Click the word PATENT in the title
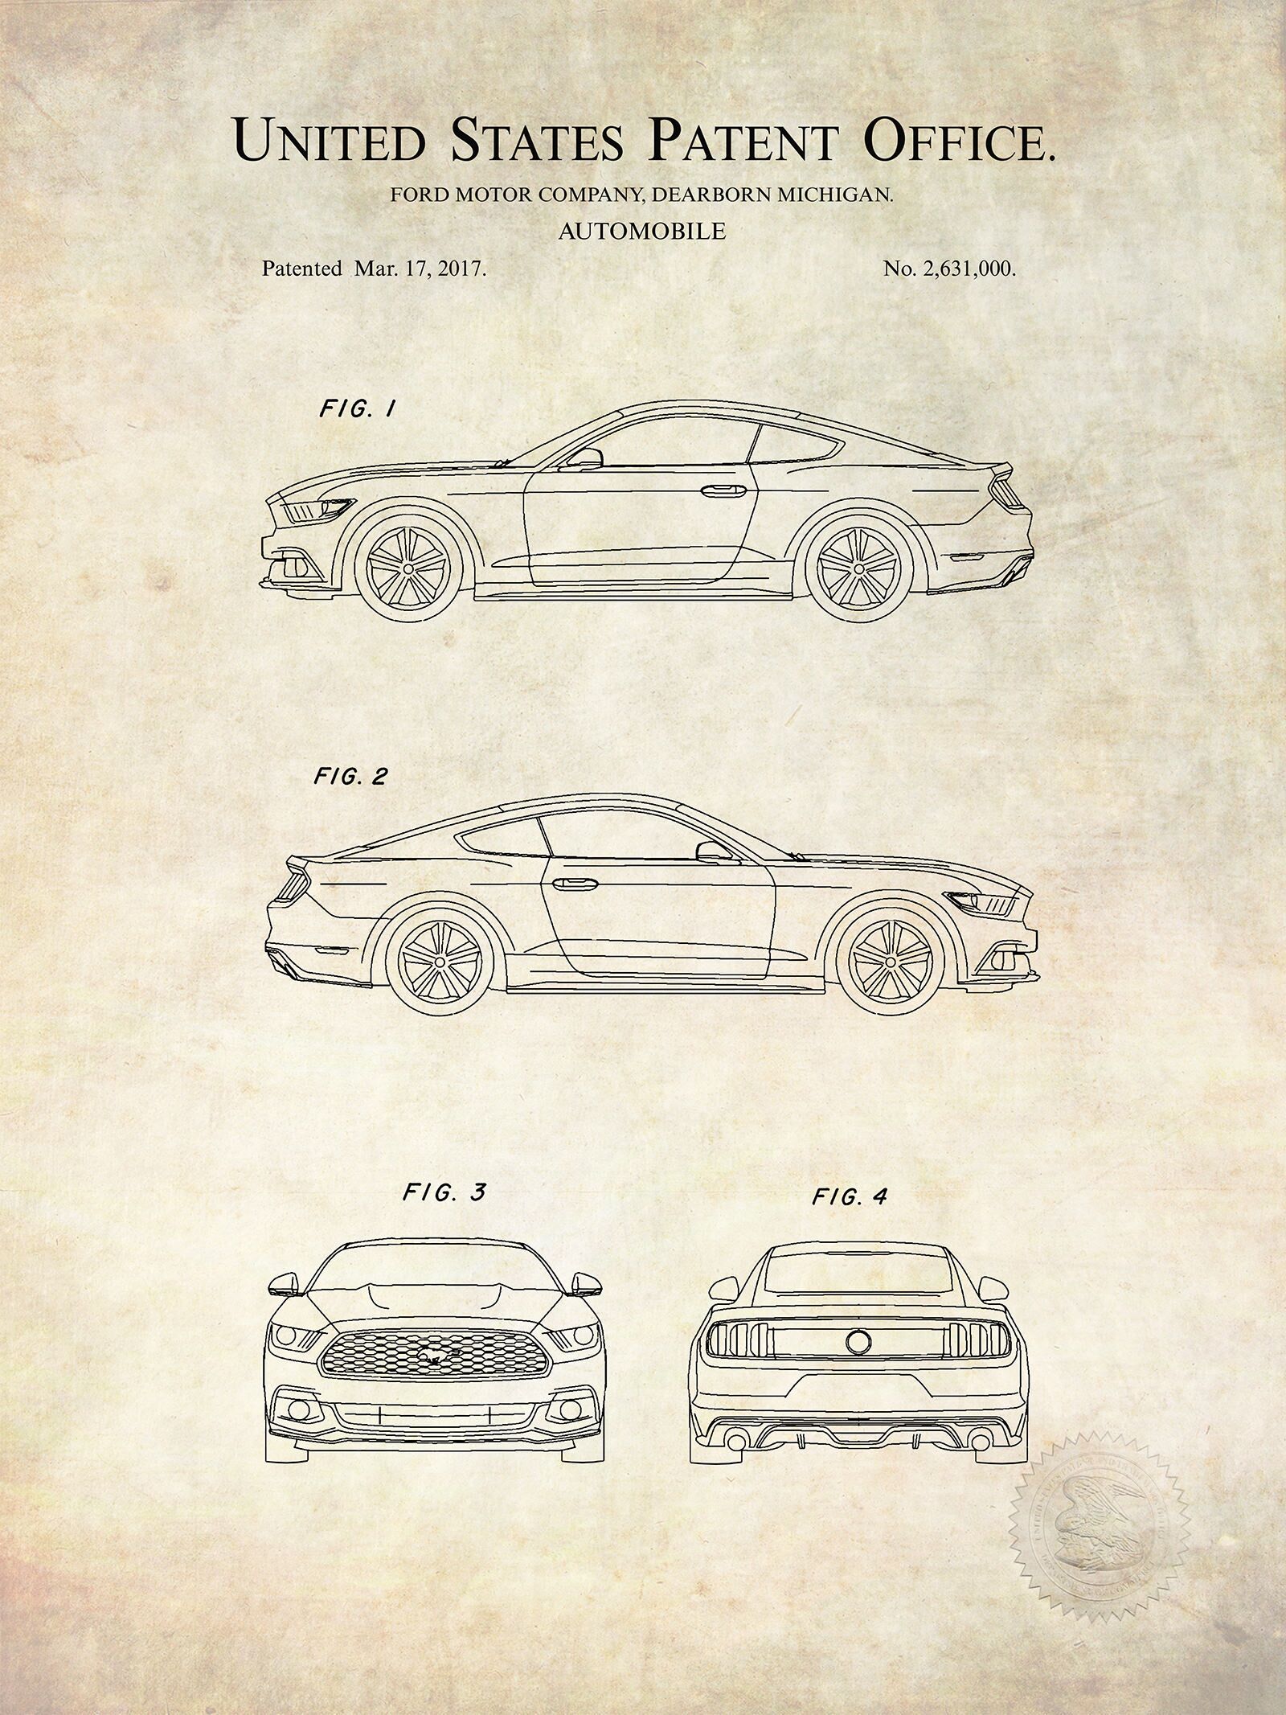[x=744, y=140]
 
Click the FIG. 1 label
[x=358, y=409]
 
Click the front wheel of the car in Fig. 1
[x=408, y=568]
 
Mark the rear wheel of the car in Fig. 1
[x=858, y=568]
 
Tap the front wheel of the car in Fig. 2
[x=890, y=962]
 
